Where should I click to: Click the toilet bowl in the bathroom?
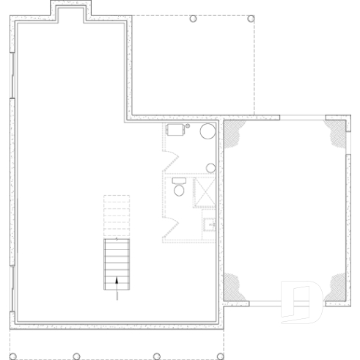click(x=179, y=190)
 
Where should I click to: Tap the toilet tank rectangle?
click(x=178, y=180)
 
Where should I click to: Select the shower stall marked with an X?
click(x=204, y=193)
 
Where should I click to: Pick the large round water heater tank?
click(x=207, y=132)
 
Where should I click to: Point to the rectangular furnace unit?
click(x=175, y=131)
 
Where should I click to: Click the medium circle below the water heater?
click(x=211, y=168)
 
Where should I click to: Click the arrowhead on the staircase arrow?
click(x=117, y=279)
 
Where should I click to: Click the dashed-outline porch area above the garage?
click(x=192, y=66)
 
